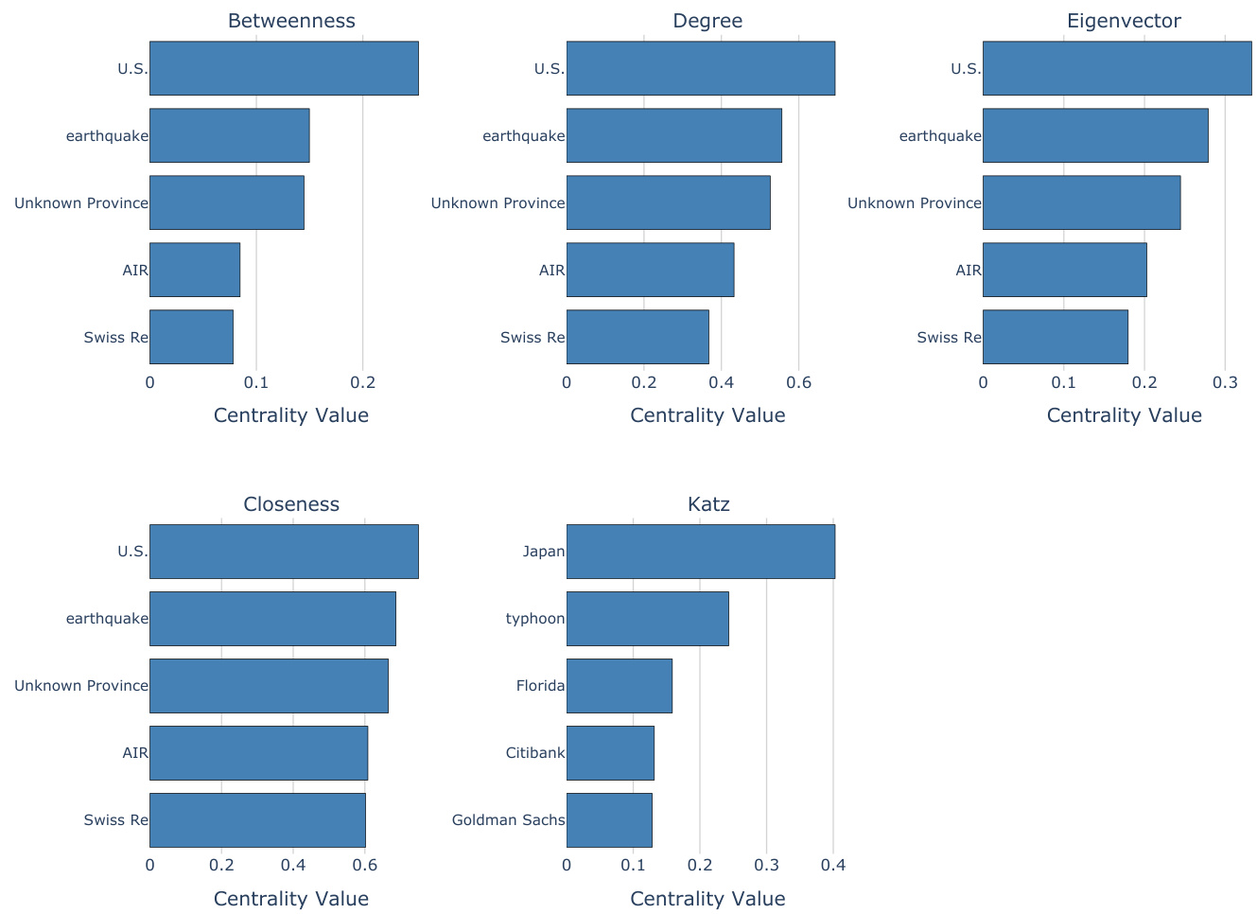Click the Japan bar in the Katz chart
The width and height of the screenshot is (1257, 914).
(x=700, y=552)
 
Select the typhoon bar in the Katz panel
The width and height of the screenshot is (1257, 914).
(x=647, y=619)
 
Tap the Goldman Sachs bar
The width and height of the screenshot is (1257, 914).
(x=609, y=820)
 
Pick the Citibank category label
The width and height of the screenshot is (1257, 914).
(x=535, y=753)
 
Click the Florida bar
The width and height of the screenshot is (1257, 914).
(x=619, y=686)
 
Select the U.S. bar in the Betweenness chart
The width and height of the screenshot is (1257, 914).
(x=284, y=68)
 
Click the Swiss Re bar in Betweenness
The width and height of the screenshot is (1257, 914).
(x=191, y=337)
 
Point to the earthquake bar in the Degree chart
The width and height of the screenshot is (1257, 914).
(x=673, y=135)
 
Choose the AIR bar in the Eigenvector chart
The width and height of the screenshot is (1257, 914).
(x=1064, y=270)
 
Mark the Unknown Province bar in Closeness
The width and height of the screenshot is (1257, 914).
(x=269, y=686)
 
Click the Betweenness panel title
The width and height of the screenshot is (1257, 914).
(x=291, y=21)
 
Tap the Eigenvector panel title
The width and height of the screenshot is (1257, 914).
(x=1124, y=21)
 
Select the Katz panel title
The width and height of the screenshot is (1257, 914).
(x=708, y=504)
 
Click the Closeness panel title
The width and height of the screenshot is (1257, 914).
(x=291, y=504)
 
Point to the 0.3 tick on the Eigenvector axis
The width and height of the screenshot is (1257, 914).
(x=1225, y=382)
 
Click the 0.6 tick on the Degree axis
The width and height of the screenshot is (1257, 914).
(x=798, y=382)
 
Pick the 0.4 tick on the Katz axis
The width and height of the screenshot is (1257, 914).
(x=833, y=866)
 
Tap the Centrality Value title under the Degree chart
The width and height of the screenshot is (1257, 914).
(x=707, y=415)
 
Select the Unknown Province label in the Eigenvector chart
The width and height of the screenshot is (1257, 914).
(x=914, y=203)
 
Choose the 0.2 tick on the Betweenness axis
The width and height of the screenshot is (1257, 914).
(x=363, y=382)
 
